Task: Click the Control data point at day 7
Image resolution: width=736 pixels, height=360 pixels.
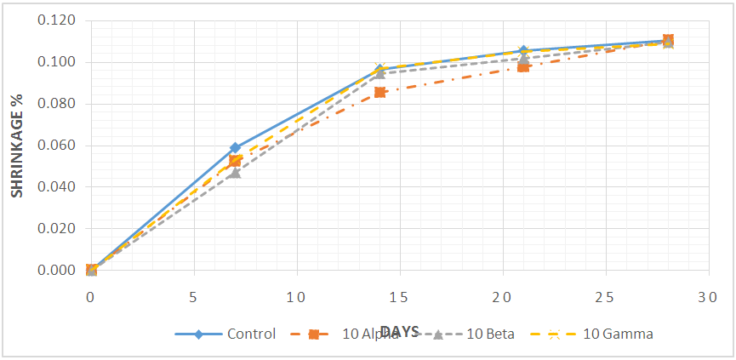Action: click(x=235, y=148)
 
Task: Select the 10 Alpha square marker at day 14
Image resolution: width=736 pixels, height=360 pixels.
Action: click(x=379, y=92)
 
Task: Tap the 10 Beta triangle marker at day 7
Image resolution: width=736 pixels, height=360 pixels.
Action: click(x=235, y=173)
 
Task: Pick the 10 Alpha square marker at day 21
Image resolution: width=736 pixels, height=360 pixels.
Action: click(x=523, y=66)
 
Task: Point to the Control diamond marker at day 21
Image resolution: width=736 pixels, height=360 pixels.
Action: click(x=523, y=51)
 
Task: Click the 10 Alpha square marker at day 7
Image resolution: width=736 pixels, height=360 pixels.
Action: click(x=235, y=161)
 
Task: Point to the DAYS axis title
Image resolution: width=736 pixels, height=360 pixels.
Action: click(x=399, y=331)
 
